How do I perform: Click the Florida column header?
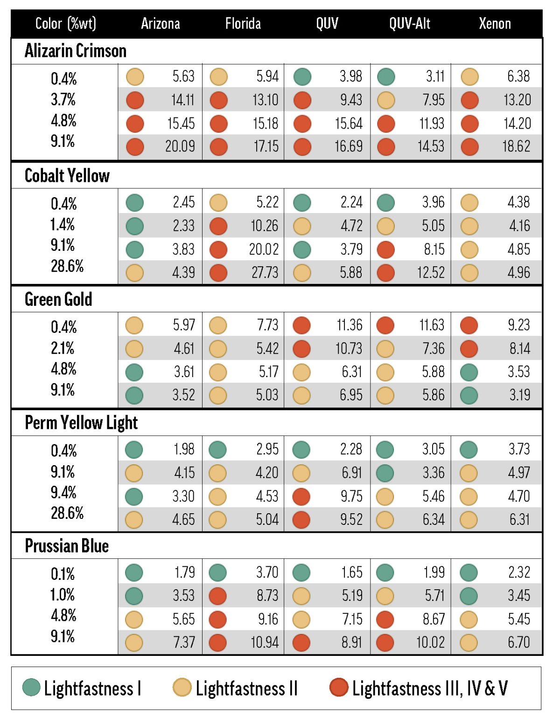pyautogui.click(x=243, y=23)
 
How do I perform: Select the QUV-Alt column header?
pyautogui.click(x=410, y=23)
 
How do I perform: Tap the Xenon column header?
pyautogui.click(x=495, y=23)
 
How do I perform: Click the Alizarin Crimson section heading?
pyautogui.click(x=76, y=51)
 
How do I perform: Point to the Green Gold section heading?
pyautogui.click(x=58, y=299)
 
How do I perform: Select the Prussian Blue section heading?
pyautogui.click(x=67, y=546)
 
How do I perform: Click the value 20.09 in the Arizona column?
pyautogui.click(x=180, y=146)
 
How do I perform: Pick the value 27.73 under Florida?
pyautogui.click(x=265, y=272)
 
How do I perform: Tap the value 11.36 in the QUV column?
pyautogui.click(x=349, y=325)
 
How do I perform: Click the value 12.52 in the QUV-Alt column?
pyautogui.click(x=430, y=272)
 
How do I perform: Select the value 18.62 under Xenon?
pyautogui.click(x=516, y=146)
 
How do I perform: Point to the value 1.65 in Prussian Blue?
pyautogui.click(x=351, y=572)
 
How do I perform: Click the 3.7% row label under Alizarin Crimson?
pyautogui.click(x=63, y=99)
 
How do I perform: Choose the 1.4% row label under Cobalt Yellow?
pyautogui.click(x=63, y=224)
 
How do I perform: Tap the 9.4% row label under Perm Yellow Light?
pyautogui.click(x=63, y=492)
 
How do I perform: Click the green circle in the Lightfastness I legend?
pyautogui.click(x=31, y=688)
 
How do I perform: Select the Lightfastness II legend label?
pyautogui.click(x=246, y=688)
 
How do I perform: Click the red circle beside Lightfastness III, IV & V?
pyautogui.click(x=339, y=688)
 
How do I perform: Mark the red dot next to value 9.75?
pyautogui.click(x=301, y=496)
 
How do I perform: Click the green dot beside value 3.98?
pyautogui.click(x=302, y=76)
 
